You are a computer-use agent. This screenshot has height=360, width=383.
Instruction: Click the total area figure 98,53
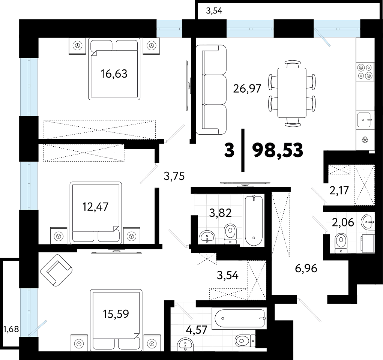(278, 150)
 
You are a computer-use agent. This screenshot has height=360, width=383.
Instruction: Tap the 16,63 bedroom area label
(114, 74)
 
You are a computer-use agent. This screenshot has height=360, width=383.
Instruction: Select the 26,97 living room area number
(247, 88)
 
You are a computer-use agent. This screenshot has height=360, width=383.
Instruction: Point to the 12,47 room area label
(95, 207)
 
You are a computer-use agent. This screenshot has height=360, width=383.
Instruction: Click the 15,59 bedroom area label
(116, 314)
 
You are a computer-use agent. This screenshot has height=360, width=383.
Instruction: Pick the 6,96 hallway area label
(306, 268)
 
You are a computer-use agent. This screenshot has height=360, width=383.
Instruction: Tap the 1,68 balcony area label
(11, 329)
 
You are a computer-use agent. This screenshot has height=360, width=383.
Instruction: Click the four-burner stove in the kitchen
(365, 71)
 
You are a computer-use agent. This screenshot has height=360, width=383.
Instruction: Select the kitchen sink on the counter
(365, 119)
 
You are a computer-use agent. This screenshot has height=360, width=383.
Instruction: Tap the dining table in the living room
(292, 93)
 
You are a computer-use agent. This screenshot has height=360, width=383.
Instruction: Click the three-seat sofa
(211, 90)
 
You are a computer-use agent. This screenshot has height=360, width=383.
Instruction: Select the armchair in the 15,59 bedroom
(56, 270)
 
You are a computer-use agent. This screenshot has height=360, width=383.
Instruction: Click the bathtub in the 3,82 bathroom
(254, 220)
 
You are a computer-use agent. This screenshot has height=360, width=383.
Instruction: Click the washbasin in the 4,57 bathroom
(186, 345)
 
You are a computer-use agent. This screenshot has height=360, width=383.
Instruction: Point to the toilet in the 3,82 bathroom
(230, 234)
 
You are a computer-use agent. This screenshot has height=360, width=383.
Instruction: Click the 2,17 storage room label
(339, 190)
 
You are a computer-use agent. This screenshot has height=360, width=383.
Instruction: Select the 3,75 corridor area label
(174, 176)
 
